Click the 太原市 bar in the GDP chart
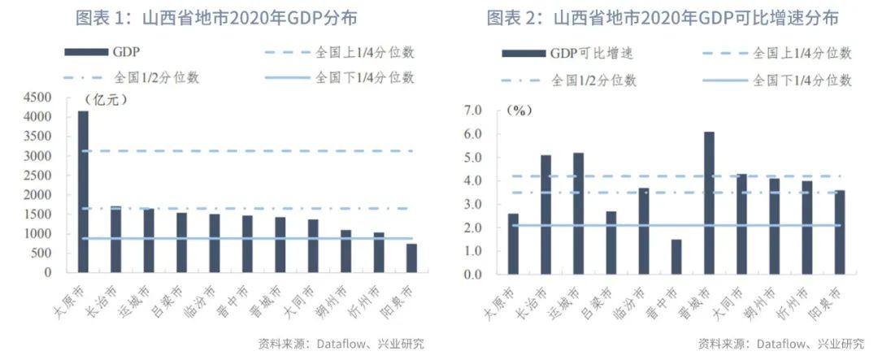coord(83,192)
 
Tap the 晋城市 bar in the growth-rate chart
coord(709,202)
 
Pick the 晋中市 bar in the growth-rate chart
coord(676,256)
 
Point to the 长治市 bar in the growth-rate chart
coord(545,214)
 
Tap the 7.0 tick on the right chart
coord(472,110)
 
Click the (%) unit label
coord(519,111)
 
